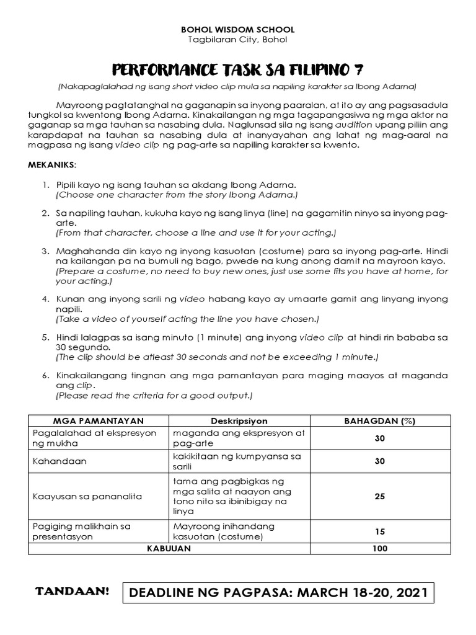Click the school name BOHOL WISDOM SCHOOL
pos(237,29)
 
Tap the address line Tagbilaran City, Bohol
pos(237,40)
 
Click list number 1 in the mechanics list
pos(46,185)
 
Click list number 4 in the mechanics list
pos(46,298)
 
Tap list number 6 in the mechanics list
pos(46,376)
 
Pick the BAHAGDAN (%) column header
pos(379,420)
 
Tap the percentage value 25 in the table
pos(379,497)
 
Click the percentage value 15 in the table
pos(379,531)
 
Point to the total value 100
pos(379,548)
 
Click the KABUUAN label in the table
pos(169,548)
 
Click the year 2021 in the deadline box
pos(407,593)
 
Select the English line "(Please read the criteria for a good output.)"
pos(154,396)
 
